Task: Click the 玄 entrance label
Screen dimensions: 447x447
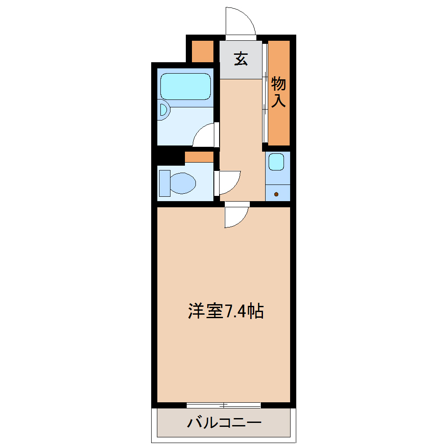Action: pos(241,59)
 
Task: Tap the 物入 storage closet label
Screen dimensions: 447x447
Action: pos(279,92)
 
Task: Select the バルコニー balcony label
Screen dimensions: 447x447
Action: pos(224,423)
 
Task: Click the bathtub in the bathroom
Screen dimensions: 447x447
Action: pos(186,86)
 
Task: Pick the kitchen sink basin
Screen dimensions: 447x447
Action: pos(277,162)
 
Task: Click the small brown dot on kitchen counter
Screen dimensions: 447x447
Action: pos(277,194)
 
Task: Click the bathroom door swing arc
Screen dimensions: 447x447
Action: pos(205,135)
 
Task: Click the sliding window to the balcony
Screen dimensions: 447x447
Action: pos(223,405)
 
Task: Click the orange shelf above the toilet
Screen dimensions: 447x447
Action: pos(199,156)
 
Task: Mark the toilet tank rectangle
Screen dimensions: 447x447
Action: pos(164,183)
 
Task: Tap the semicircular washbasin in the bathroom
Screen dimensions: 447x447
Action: pos(163,111)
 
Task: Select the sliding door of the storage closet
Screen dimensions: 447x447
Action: pos(265,92)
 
